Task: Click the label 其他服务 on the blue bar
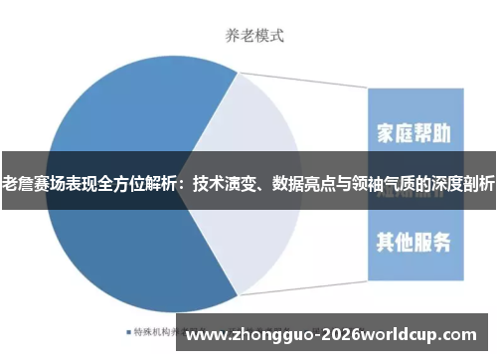[x=414, y=240]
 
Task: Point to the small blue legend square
[x=129, y=331]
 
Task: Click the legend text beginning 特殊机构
[x=159, y=331]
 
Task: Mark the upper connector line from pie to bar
[x=298, y=81]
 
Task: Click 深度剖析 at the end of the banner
[x=463, y=183]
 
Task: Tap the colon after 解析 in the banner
[x=186, y=184]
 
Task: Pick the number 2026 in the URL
[x=331, y=333]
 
